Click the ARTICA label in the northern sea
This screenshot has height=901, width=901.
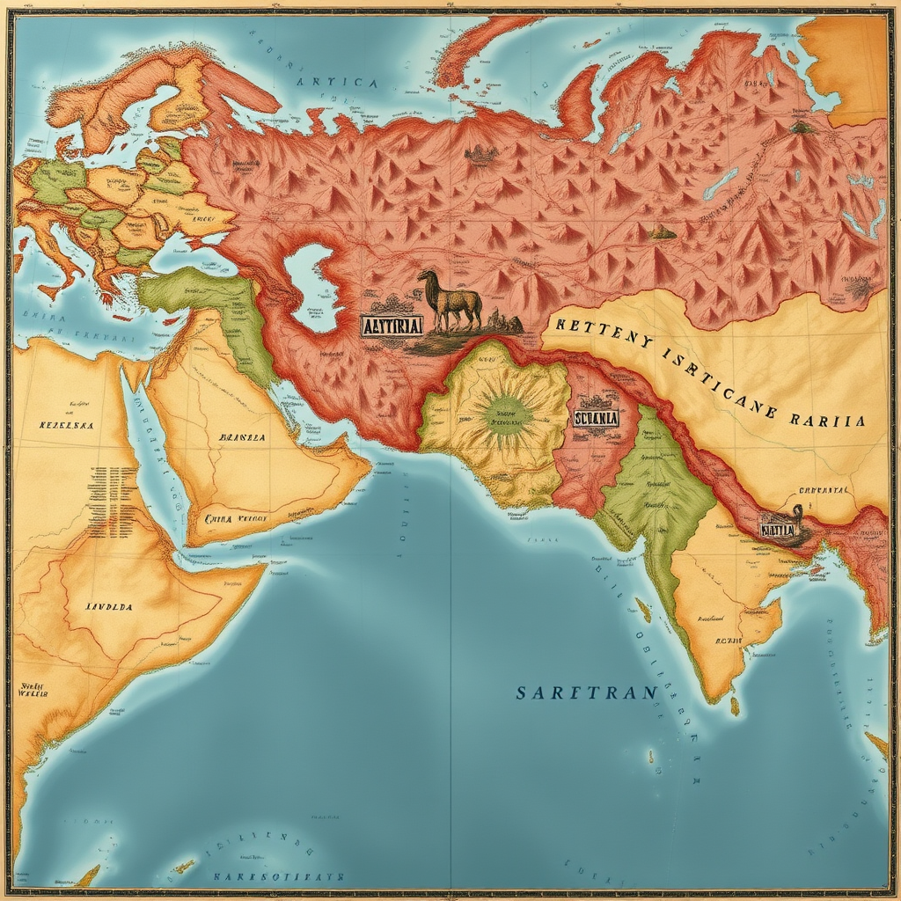[336, 83]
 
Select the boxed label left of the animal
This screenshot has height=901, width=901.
[392, 325]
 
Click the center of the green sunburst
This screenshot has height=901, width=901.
[506, 412]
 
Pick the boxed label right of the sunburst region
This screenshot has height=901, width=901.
[596, 418]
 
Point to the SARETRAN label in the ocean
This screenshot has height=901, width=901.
[586, 692]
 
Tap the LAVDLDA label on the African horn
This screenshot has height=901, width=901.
[108, 606]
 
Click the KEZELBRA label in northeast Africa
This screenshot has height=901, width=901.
[66, 424]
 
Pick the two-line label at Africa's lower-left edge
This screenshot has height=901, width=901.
[33, 689]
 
